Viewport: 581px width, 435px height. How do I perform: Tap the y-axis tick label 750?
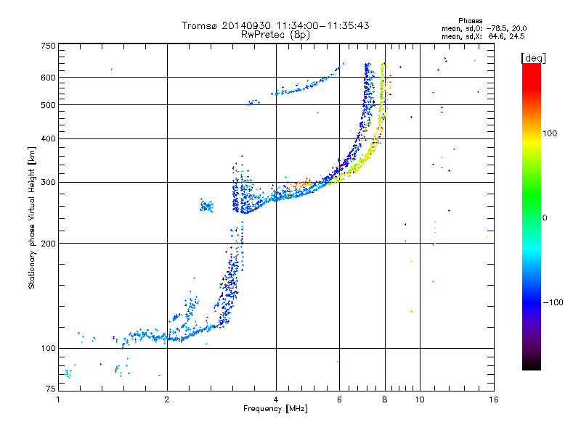pyautogui.click(x=47, y=46)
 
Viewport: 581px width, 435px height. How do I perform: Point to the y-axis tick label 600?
pyautogui.click(x=47, y=77)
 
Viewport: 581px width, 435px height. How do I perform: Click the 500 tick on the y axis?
pyautogui.click(x=47, y=104)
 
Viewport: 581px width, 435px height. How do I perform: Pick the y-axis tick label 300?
pyautogui.click(x=47, y=182)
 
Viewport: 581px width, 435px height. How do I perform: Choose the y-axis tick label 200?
pyautogui.click(x=47, y=243)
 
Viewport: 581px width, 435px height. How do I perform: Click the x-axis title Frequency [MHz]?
pyautogui.click(x=275, y=410)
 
